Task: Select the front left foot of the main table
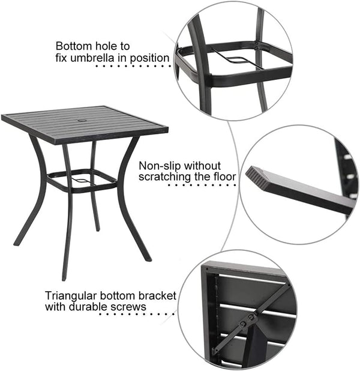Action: coord(64,277)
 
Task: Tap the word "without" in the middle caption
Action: coord(202,165)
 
